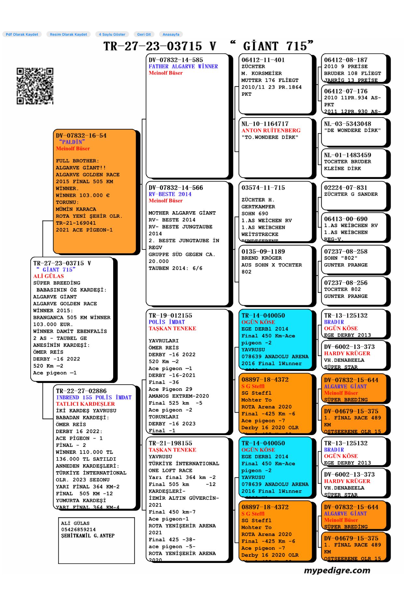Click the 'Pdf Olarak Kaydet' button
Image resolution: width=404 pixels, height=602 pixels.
22,34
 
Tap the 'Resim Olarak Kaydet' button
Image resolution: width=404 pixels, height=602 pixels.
68,34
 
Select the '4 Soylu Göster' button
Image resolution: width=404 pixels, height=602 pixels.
112,34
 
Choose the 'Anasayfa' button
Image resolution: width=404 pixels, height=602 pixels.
171,34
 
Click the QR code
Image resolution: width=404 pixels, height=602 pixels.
35,86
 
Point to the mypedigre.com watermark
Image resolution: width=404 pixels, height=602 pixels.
337,570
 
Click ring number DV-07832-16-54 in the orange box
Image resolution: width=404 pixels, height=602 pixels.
81,136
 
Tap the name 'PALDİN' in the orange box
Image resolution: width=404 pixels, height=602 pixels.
72,142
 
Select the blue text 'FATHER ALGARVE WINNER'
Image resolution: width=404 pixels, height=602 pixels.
183,66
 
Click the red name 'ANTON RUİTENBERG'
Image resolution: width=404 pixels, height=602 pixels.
271,130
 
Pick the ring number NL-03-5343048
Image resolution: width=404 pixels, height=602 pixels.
347,124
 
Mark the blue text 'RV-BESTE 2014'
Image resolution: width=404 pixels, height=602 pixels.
170,194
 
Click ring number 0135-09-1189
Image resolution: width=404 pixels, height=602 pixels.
263,252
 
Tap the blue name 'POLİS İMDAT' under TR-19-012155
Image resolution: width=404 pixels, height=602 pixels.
167,322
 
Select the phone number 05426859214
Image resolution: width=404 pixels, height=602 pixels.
78,530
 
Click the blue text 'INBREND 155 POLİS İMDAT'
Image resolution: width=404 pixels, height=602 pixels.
94,398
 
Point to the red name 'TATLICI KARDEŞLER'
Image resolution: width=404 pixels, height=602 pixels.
85,404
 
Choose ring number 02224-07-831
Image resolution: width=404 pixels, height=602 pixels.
345,188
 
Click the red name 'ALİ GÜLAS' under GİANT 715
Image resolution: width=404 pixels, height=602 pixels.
48,276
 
